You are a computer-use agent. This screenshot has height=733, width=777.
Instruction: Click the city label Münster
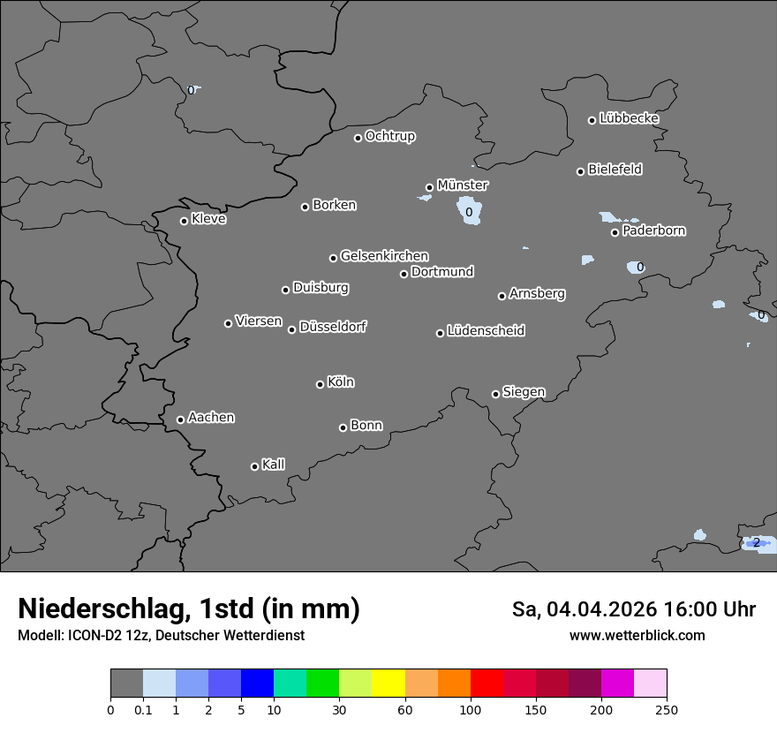point(463,185)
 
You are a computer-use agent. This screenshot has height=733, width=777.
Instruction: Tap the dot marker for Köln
point(320,384)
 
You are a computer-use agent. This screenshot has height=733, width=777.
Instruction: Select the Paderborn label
point(654,230)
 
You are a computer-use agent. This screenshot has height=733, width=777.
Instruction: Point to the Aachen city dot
point(180,419)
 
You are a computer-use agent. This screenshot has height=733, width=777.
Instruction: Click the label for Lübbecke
point(630,118)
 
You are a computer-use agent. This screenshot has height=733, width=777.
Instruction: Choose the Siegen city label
point(524,392)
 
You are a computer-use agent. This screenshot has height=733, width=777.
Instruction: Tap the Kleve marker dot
point(184,221)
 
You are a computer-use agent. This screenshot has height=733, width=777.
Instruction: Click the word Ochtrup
point(390,136)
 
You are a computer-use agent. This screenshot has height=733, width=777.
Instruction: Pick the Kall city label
point(274,465)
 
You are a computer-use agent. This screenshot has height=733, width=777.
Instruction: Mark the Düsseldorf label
point(333,327)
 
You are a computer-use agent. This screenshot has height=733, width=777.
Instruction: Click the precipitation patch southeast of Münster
point(468,212)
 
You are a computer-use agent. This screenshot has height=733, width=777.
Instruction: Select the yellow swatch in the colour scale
point(388,684)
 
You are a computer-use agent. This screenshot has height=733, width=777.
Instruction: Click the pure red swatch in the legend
point(487,684)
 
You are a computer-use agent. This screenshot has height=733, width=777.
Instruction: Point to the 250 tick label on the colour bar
point(667,709)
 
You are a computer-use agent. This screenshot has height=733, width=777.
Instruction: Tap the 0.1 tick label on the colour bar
point(143,709)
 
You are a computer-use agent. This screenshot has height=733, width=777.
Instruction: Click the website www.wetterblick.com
point(637,635)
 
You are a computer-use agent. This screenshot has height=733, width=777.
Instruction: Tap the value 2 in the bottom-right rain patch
point(757,542)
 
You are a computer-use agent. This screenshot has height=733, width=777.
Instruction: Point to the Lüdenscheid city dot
point(440,333)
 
